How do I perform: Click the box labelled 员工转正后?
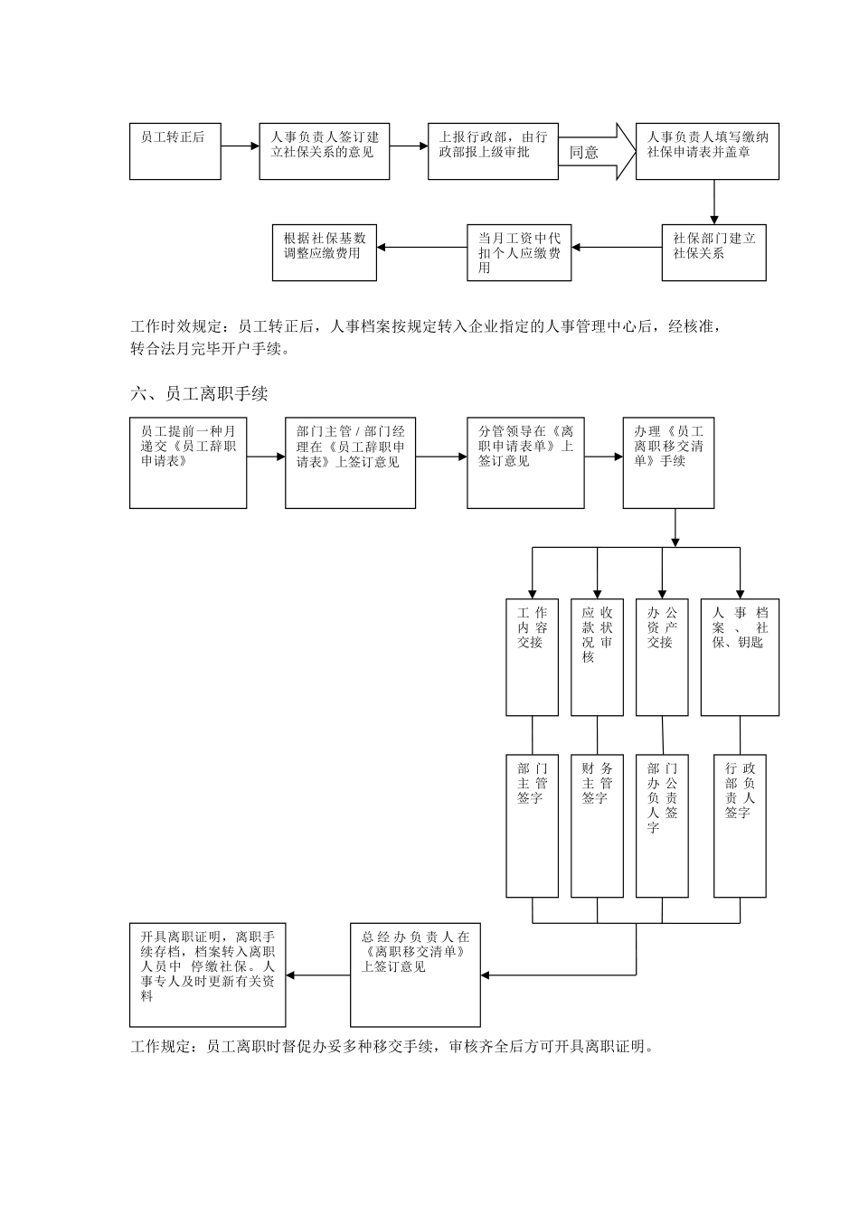tap(175, 151)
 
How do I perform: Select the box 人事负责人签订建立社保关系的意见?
tap(325, 151)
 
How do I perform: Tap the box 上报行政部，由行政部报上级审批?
tap(493, 151)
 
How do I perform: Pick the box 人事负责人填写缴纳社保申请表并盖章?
tap(707, 151)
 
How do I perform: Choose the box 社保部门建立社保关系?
tap(713, 252)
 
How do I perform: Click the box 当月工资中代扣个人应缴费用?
tap(519, 252)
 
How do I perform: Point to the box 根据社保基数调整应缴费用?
tap(324, 252)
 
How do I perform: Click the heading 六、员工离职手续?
tap(199, 394)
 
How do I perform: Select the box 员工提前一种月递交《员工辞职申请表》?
tap(188, 462)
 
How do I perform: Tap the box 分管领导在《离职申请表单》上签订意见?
tap(525, 462)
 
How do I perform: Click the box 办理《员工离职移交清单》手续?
tap(668, 462)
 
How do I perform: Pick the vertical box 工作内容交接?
tap(532, 656)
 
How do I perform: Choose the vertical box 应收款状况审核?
tap(597, 656)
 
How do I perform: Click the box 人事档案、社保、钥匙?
tap(740, 656)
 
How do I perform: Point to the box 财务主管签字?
tap(597, 825)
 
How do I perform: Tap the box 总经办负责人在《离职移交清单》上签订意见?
tap(416, 975)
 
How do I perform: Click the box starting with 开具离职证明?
tap(208, 975)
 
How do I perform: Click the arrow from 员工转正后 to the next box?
tap(240, 146)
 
